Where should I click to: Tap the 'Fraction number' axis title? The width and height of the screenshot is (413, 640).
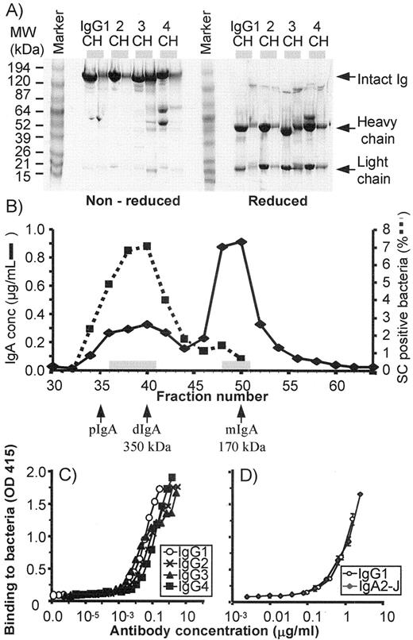[191, 395]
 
